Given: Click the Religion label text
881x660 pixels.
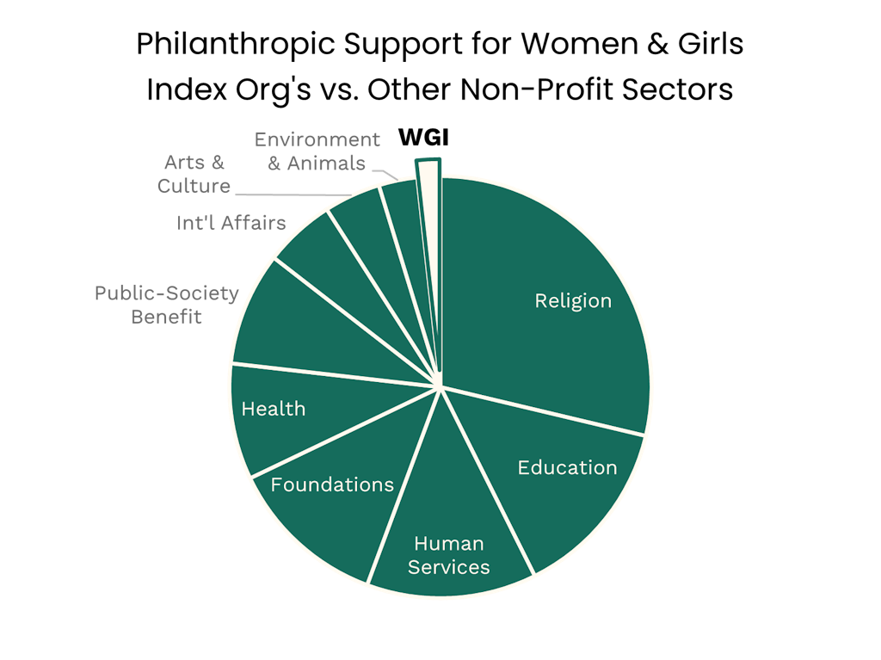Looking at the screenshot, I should click(573, 301).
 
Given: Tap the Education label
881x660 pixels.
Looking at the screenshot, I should click(567, 467).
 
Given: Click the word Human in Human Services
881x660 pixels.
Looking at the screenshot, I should click(448, 544).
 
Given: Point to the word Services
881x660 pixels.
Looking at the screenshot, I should click(448, 567).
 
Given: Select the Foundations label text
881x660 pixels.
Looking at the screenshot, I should click(332, 484).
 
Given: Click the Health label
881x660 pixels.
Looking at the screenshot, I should click(273, 409).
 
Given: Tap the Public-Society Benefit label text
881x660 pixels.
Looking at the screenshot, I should click(166, 305).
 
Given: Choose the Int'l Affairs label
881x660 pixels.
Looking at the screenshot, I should click(231, 223).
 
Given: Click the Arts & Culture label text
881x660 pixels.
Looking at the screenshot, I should click(194, 174).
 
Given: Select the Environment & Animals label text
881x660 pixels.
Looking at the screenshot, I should click(317, 151).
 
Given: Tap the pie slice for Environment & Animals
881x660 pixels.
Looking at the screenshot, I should click(402, 207).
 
